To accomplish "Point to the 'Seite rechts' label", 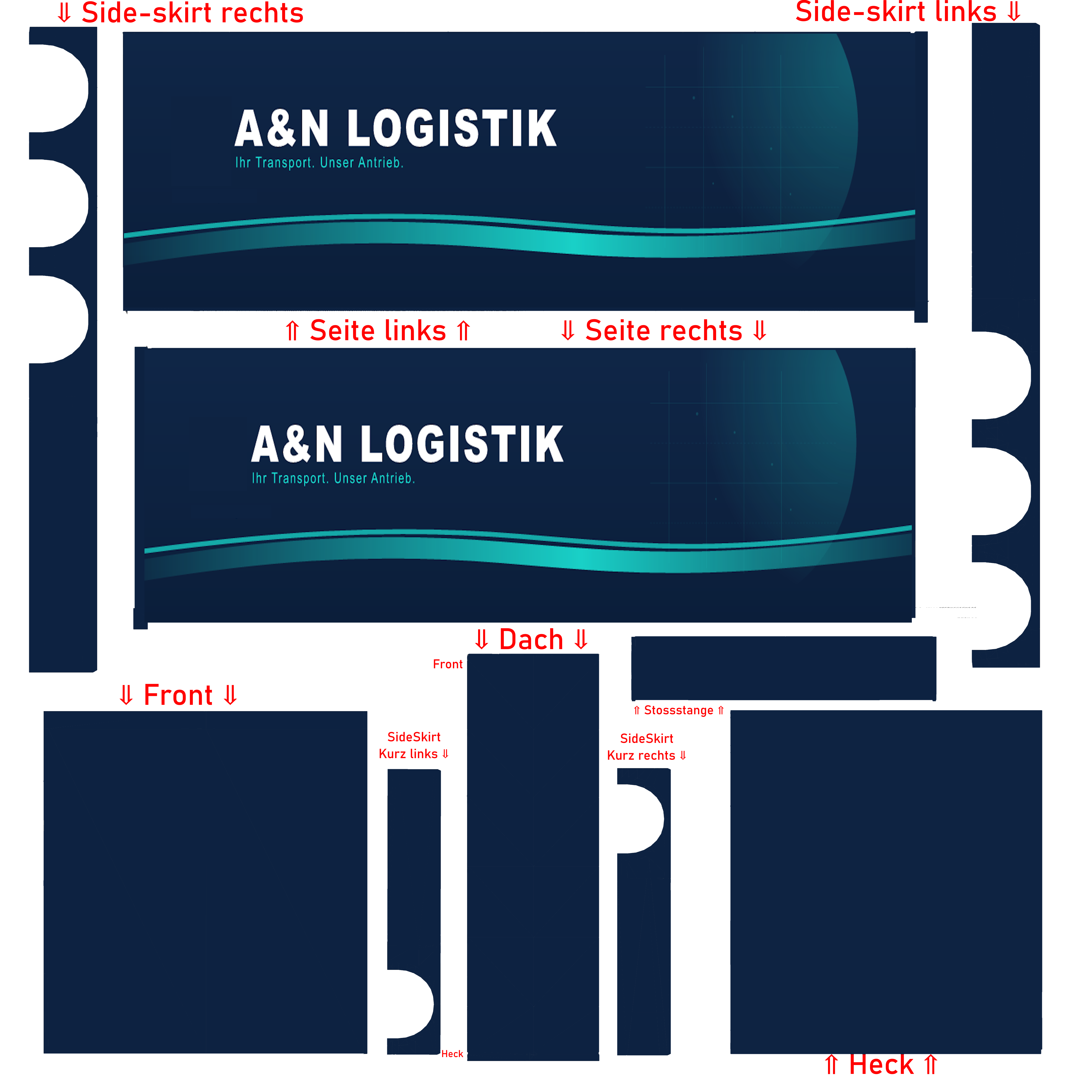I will [x=664, y=331].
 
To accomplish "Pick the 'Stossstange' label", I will [x=678, y=711].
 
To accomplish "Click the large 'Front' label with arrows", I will [x=178, y=695].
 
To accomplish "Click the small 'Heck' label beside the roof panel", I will [x=452, y=1054].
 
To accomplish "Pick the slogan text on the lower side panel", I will [x=333, y=478].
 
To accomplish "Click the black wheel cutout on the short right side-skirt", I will [x=639, y=819].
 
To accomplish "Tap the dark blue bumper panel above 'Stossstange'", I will [x=783, y=668].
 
